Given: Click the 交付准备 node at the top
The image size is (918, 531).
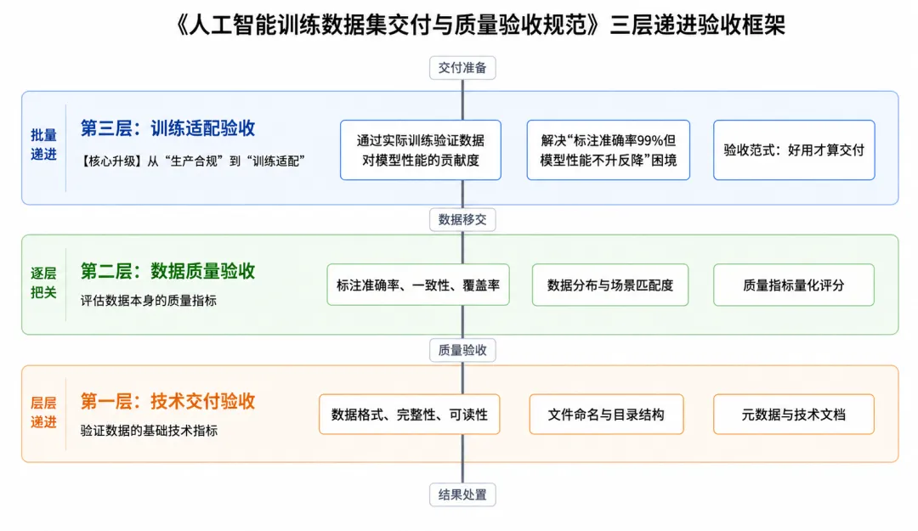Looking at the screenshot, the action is point(462,68).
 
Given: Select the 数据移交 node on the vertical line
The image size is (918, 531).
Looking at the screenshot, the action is point(462,219).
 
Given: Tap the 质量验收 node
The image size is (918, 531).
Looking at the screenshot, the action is point(462,350).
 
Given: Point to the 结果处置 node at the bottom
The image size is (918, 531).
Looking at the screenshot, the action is point(462,494).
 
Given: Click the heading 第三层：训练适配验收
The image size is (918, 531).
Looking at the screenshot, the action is point(168,128).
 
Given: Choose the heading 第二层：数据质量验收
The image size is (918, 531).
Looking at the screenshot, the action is point(168,271).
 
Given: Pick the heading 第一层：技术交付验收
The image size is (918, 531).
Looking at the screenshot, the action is point(168,401).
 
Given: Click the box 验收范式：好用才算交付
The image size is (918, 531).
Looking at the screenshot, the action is point(794,150).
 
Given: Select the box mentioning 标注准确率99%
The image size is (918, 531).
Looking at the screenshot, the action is point(609,150).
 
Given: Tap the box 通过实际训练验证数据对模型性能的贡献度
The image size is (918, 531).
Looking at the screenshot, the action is point(421,150).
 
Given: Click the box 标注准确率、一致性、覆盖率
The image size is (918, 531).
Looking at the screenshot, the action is point(418,285).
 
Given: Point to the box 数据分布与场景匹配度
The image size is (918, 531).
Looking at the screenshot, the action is point(610,285).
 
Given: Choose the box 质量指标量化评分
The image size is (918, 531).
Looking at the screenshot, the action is point(794,285).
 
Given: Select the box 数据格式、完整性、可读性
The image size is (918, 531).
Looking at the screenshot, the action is point(409,415).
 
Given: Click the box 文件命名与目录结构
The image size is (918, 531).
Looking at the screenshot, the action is point(607,415).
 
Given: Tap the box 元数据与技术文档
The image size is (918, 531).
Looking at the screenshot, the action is point(794,415).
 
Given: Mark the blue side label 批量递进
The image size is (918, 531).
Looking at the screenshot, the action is point(44,144).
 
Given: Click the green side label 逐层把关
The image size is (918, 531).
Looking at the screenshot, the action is point(44,283).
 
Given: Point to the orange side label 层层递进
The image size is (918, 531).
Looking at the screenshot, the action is point(44,413).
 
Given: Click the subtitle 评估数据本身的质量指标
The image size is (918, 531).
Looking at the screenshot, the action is point(149,301).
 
